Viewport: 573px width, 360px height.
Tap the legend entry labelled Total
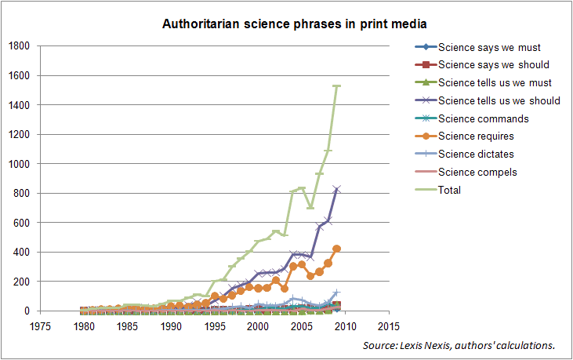(x=451, y=190)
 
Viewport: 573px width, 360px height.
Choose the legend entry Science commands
(x=478, y=118)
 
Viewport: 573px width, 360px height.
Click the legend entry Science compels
(x=477, y=172)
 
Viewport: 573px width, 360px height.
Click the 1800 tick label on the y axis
(x=18, y=46)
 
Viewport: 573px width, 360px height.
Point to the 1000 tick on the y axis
(x=18, y=164)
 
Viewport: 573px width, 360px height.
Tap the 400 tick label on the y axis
(x=21, y=252)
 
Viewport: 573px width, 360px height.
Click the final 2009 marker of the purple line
(x=336, y=189)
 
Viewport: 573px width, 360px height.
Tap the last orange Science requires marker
(x=336, y=249)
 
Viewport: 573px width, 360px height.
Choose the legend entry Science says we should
(x=492, y=64)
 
